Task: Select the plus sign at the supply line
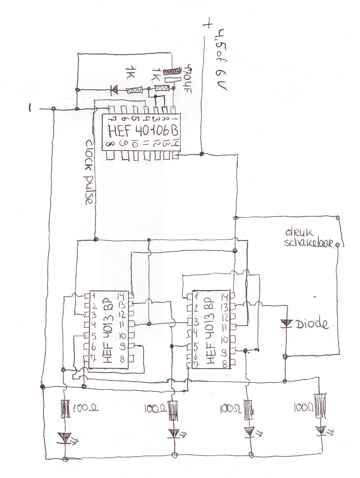[x=208, y=24]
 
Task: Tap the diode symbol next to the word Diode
[x=286, y=323]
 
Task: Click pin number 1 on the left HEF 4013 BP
[x=93, y=295]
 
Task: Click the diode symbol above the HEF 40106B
[x=113, y=90]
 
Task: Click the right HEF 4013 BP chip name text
[x=210, y=332]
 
